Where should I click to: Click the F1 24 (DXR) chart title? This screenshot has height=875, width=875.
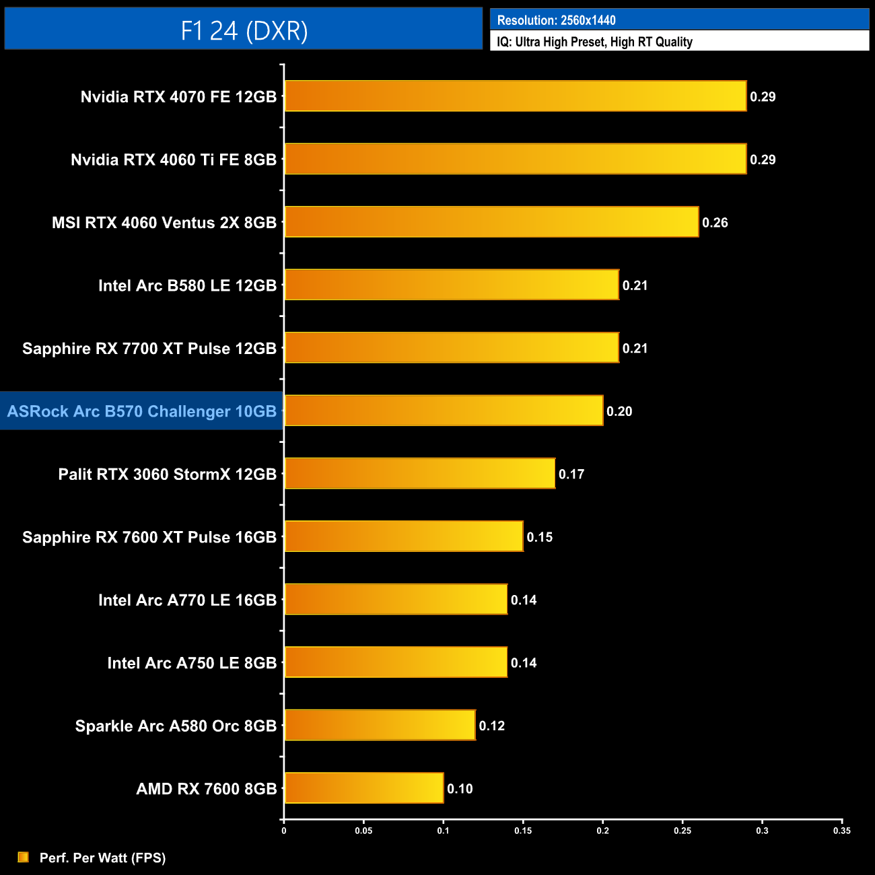click(x=244, y=30)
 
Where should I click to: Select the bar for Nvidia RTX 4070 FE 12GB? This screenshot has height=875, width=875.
click(x=515, y=96)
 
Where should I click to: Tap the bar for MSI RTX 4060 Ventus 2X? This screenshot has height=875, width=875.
click(x=491, y=222)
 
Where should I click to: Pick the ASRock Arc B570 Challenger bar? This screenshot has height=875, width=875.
click(x=444, y=411)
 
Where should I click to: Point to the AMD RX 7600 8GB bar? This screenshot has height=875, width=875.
click(x=363, y=788)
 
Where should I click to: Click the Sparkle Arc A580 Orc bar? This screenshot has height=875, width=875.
click(x=380, y=725)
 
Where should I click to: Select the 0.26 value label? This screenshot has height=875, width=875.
click(x=715, y=223)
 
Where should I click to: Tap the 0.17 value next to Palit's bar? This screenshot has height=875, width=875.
click(x=571, y=475)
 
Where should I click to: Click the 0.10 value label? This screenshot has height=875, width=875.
click(x=460, y=789)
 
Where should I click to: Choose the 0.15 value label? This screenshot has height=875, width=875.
click(x=540, y=537)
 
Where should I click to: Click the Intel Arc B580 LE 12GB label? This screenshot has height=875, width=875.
click(x=187, y=285)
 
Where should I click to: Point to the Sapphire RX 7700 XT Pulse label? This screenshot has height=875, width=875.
click(x=149, y=349)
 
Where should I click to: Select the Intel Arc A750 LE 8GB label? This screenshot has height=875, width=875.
click(x=192, y=663)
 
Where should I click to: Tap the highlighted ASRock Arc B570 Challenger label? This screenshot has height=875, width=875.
click(x=141, y=411)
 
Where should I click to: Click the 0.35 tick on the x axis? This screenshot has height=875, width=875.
click(x=841, y=831)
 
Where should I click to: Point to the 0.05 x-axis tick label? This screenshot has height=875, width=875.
click(x=363, y=831)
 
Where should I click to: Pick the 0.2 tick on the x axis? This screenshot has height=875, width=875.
click(x=602, y=831)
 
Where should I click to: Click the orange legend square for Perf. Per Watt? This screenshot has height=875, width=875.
click(x=24, y=857)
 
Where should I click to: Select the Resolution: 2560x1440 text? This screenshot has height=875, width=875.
click(x=556, y=20)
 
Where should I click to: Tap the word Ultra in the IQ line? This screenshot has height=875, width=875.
click(x=528, y=42)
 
